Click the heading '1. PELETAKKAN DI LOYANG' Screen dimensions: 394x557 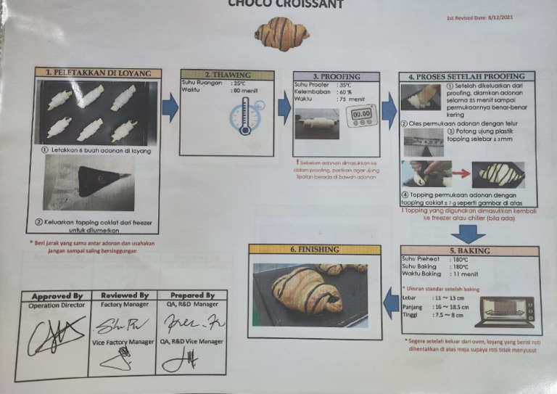pyautogui.click(x=98, y=73)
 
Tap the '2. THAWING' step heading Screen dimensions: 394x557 pyautogui.click(x=227, y=75)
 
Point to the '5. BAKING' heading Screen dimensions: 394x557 pyautogui.click(x=469, y=251)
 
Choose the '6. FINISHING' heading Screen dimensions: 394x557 pyautogui.click(x=314, y=250)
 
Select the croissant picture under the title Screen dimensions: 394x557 pyautogui.click(x=282, y=33)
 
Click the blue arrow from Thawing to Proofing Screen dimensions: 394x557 pyautogui.click(x=284, y=109)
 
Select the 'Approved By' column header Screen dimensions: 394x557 pyautogui.click(x=57, y=296)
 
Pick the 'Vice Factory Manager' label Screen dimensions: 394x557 pyautogui.click(x=123, y=341)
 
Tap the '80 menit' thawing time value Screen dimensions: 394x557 pyautogui.click(x=220, y=91)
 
